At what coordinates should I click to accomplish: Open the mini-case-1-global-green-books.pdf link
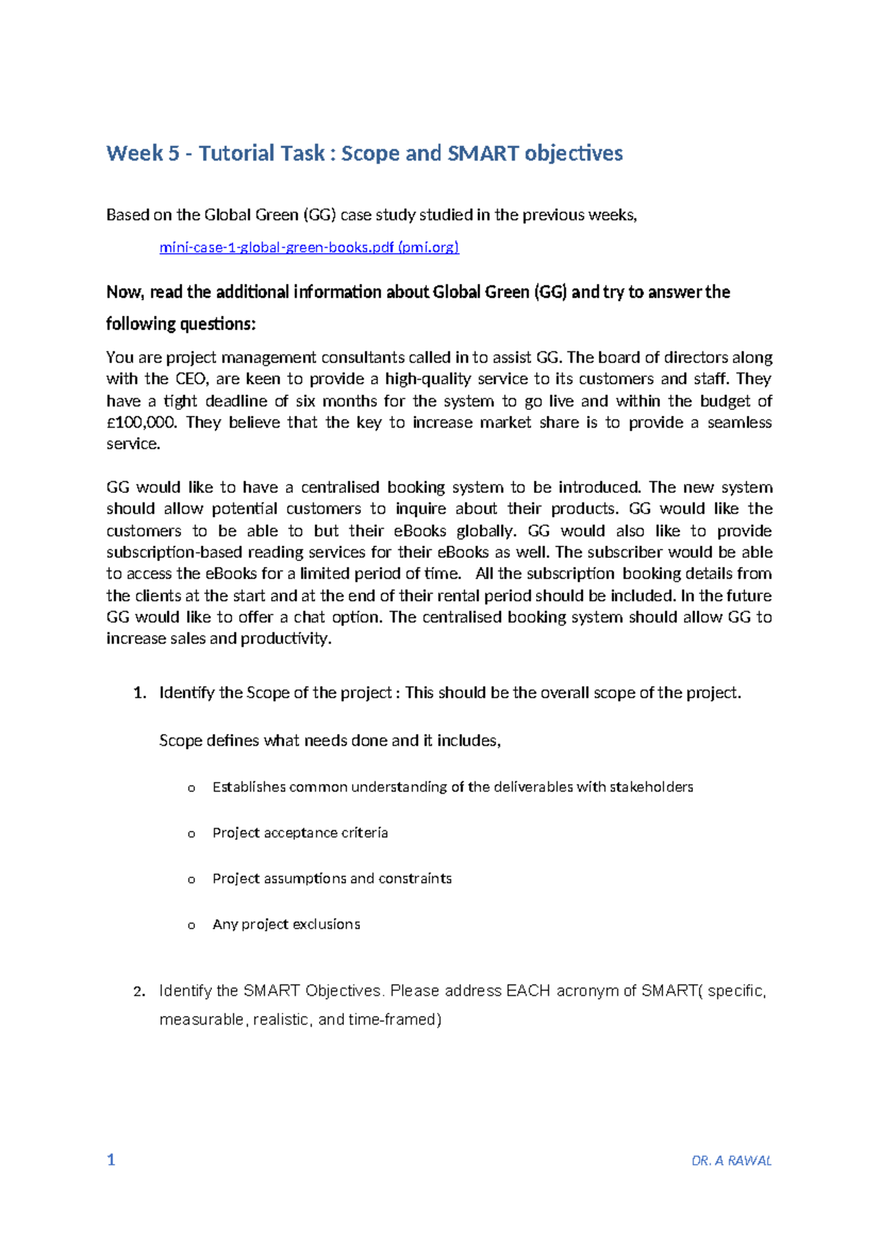[309, 247]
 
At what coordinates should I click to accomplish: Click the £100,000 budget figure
[142, 422]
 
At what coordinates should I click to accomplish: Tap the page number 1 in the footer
[111, 1160]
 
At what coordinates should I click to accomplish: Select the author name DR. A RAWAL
[731, 1160]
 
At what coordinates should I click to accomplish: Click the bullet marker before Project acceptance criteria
[191, 834]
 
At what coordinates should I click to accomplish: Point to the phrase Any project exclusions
[286, 924]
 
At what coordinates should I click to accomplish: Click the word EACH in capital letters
[528, 991]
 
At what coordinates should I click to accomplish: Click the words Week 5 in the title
[142, 153]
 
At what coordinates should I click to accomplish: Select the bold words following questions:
[181, 323]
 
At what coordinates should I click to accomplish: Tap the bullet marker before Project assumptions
[191, 879]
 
